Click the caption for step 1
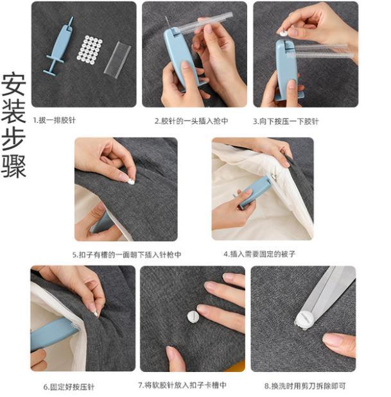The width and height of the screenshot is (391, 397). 54,120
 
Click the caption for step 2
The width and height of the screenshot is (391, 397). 191,121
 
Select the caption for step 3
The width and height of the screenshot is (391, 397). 286,121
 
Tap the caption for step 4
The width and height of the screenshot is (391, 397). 259,254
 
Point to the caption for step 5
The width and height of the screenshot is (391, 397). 126,255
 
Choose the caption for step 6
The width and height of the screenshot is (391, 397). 69,387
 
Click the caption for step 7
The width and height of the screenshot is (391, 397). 182,385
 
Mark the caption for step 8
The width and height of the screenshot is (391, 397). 305,386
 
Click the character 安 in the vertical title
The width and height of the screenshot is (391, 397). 13,85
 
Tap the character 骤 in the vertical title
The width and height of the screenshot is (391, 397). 13,166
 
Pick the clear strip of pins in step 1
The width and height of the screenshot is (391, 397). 117,60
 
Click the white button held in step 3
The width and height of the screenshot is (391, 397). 283,33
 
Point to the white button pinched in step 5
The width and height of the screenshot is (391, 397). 130,182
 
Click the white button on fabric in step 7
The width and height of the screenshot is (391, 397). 193,317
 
